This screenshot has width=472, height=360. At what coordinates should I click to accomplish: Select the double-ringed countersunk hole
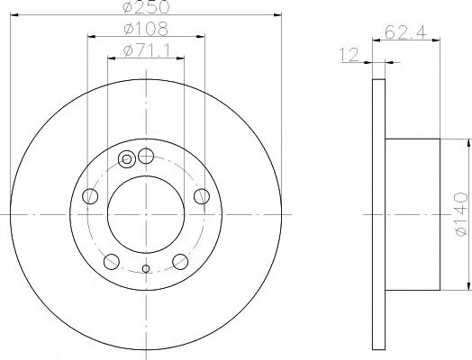coord(127,161)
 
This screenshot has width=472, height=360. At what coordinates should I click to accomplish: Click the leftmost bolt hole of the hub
coord(88,196)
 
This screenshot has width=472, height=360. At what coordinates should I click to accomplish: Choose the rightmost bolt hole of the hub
coord(202,196)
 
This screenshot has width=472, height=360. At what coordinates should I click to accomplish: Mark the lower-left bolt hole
coord(111,262)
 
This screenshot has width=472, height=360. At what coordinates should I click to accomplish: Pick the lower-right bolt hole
coord(180,262)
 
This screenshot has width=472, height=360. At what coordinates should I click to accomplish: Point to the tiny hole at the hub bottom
coord(145,267)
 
